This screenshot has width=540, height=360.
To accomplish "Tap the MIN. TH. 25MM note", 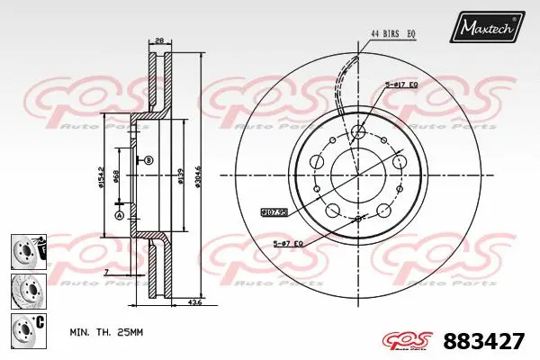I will point(106,333).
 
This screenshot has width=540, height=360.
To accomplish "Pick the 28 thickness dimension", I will point(157,40).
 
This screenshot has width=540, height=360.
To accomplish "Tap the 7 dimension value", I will point(105,271).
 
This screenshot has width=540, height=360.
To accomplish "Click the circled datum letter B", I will point(148,160).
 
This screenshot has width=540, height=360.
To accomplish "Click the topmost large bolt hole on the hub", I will point(358,132).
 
